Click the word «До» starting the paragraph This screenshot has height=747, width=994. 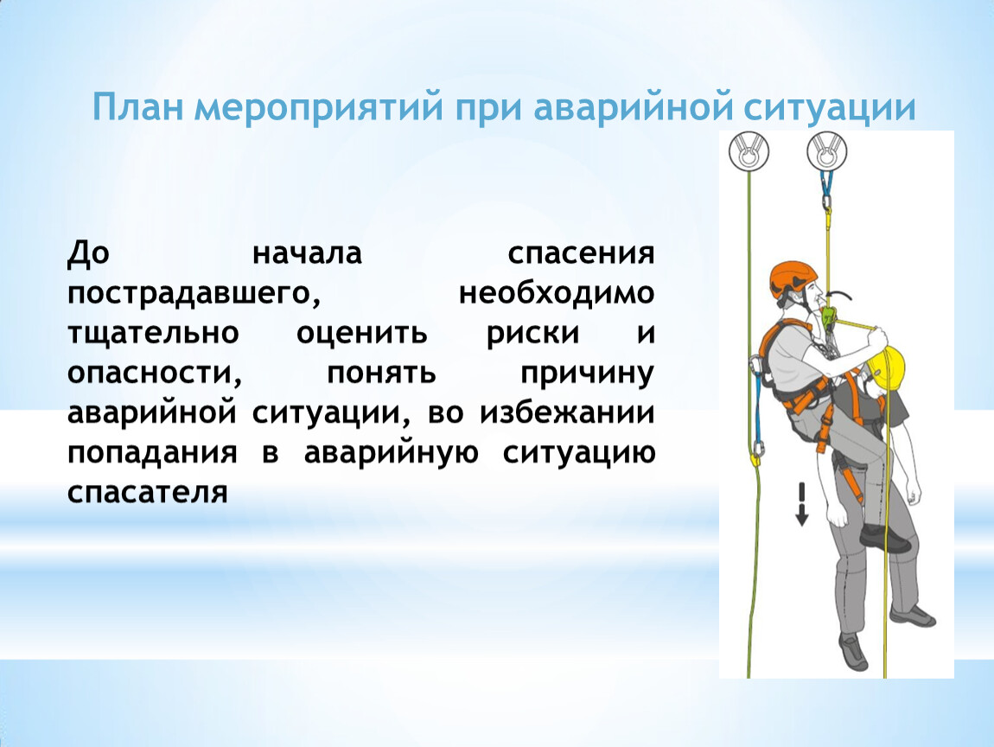coord(89,253)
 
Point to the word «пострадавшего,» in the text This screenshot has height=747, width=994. coord(194,294)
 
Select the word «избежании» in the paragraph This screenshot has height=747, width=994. coord(567,413)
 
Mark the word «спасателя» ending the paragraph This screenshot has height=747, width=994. coord(147,493)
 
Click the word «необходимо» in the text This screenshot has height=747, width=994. coord(557,294)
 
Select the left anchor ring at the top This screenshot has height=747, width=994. coord(749,152)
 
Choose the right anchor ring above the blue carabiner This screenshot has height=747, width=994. coord(826,152)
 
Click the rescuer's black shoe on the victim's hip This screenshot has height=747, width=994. coord(887,539)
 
